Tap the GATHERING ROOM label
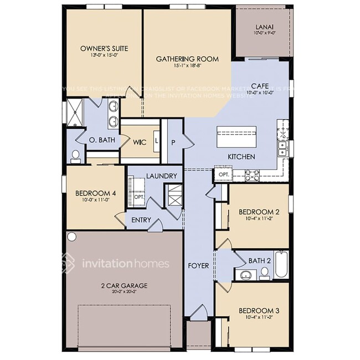point(187,59)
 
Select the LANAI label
point(263,27)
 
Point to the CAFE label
point(260,86)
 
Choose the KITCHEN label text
point(241,157)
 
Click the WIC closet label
point(140,142)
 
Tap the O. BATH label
point(102,140)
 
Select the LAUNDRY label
point(161,176)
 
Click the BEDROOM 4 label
point(95,193)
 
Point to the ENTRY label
point(141,220)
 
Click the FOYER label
point(198,266)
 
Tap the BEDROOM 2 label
point(258,212)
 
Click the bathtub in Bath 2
point(281,265)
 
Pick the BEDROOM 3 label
point(259,311)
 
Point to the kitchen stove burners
point(253,176)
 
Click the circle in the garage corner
point(71,236)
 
